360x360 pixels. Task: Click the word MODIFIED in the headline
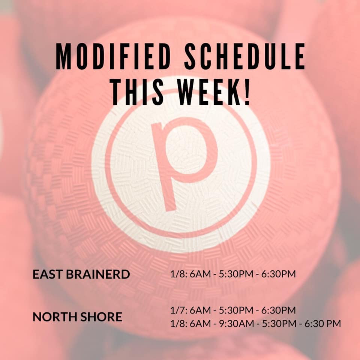pos(113,56)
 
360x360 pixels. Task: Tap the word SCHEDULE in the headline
pos(245,56)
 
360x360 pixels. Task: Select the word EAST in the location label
pos(48,274)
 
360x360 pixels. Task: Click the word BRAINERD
pos(98,274)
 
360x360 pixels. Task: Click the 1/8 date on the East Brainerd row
pos(179,274)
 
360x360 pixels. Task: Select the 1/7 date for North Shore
pos(179,310)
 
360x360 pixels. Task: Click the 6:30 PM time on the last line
pos(323,324)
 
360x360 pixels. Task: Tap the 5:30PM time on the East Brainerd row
pos(236,274)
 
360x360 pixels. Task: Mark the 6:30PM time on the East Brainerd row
pos(279,274)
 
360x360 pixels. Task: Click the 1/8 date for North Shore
pos(179,324)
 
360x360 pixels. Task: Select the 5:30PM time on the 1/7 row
pos(236,310)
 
